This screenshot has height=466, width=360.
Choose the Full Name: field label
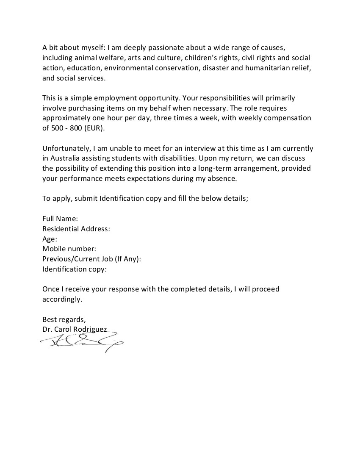60,219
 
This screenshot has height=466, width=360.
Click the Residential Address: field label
76,229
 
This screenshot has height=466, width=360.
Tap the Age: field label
50,239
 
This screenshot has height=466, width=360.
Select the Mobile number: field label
69,249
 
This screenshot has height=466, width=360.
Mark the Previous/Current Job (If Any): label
91,259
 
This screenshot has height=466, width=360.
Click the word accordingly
62,299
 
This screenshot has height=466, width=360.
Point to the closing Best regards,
64,319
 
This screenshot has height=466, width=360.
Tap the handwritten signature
83,341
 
